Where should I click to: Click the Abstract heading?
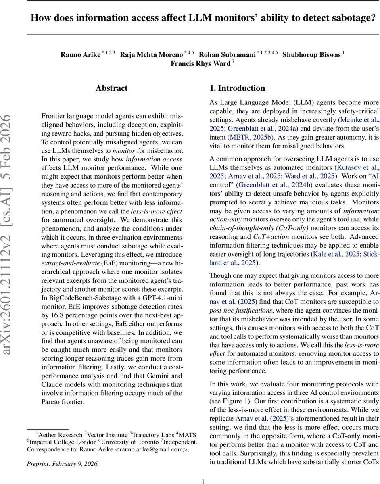111,88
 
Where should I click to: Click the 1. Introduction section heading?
237,88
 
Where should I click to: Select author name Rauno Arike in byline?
80,54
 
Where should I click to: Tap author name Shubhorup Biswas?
312,54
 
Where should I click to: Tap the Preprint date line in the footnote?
63,463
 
